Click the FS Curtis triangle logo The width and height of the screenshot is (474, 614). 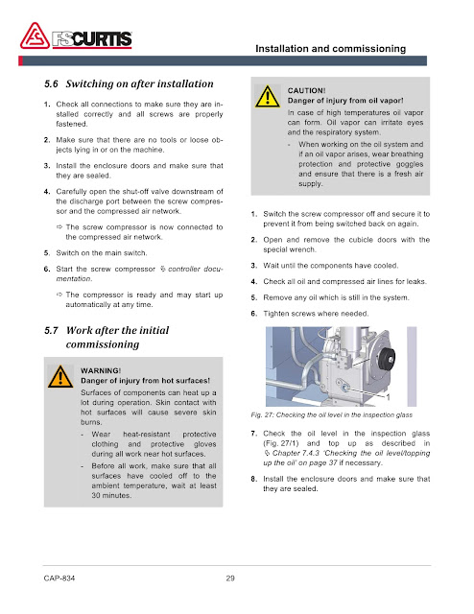[x=35, y=36]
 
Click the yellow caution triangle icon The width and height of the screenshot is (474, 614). [x=267, y=97]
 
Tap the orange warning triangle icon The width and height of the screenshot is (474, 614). [x=60, y=377]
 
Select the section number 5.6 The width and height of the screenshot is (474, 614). [x=51, y=83]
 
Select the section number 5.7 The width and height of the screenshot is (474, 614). [x=51, y=330]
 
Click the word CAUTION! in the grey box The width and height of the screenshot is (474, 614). [x=306, y=91]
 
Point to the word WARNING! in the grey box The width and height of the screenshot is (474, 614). [x=101, y=371]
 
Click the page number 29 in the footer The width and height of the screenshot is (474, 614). [x=230, y=578]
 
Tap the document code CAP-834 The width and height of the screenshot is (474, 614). [x=59, y=578]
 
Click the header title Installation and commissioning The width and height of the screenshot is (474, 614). [x=331, y=49]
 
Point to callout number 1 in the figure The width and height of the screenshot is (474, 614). [x=389, y=397]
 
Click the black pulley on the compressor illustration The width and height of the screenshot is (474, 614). [x=387, y=359]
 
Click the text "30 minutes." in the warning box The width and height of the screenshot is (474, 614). [x=111, y=495]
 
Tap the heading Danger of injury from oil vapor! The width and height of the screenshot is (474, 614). [x=345, y=101]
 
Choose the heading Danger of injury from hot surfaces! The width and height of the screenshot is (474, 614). [x=145, y=381]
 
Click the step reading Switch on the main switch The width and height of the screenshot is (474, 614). [x=102, y=253]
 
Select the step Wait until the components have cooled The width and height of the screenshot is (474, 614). [x=331, y=266]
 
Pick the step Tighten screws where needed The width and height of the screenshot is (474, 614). [x=316, y=314]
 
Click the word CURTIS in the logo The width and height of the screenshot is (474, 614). [x=102, y=39]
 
